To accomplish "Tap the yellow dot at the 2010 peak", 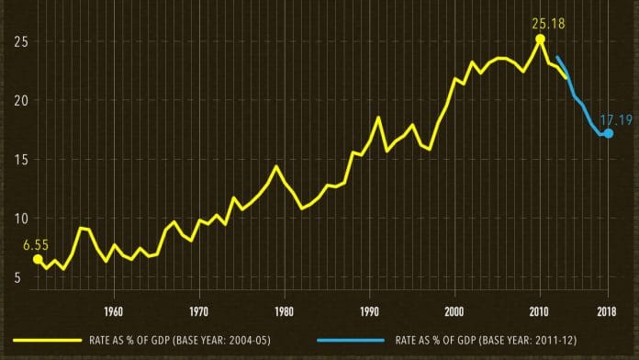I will click(x=540, y=39).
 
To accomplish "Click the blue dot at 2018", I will click(x=608, y=133).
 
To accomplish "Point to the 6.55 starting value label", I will click(x=35, y=244).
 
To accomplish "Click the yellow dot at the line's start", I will click(x=38, y=260).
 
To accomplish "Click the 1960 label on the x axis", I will click(x=114, y=309).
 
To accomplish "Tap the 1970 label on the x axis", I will click(x=199, y=309).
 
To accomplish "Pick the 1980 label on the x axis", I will click(x=285, y=309).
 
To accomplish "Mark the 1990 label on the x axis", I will click(x=369, y=309).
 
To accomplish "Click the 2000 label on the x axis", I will click(x=454, y=309).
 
